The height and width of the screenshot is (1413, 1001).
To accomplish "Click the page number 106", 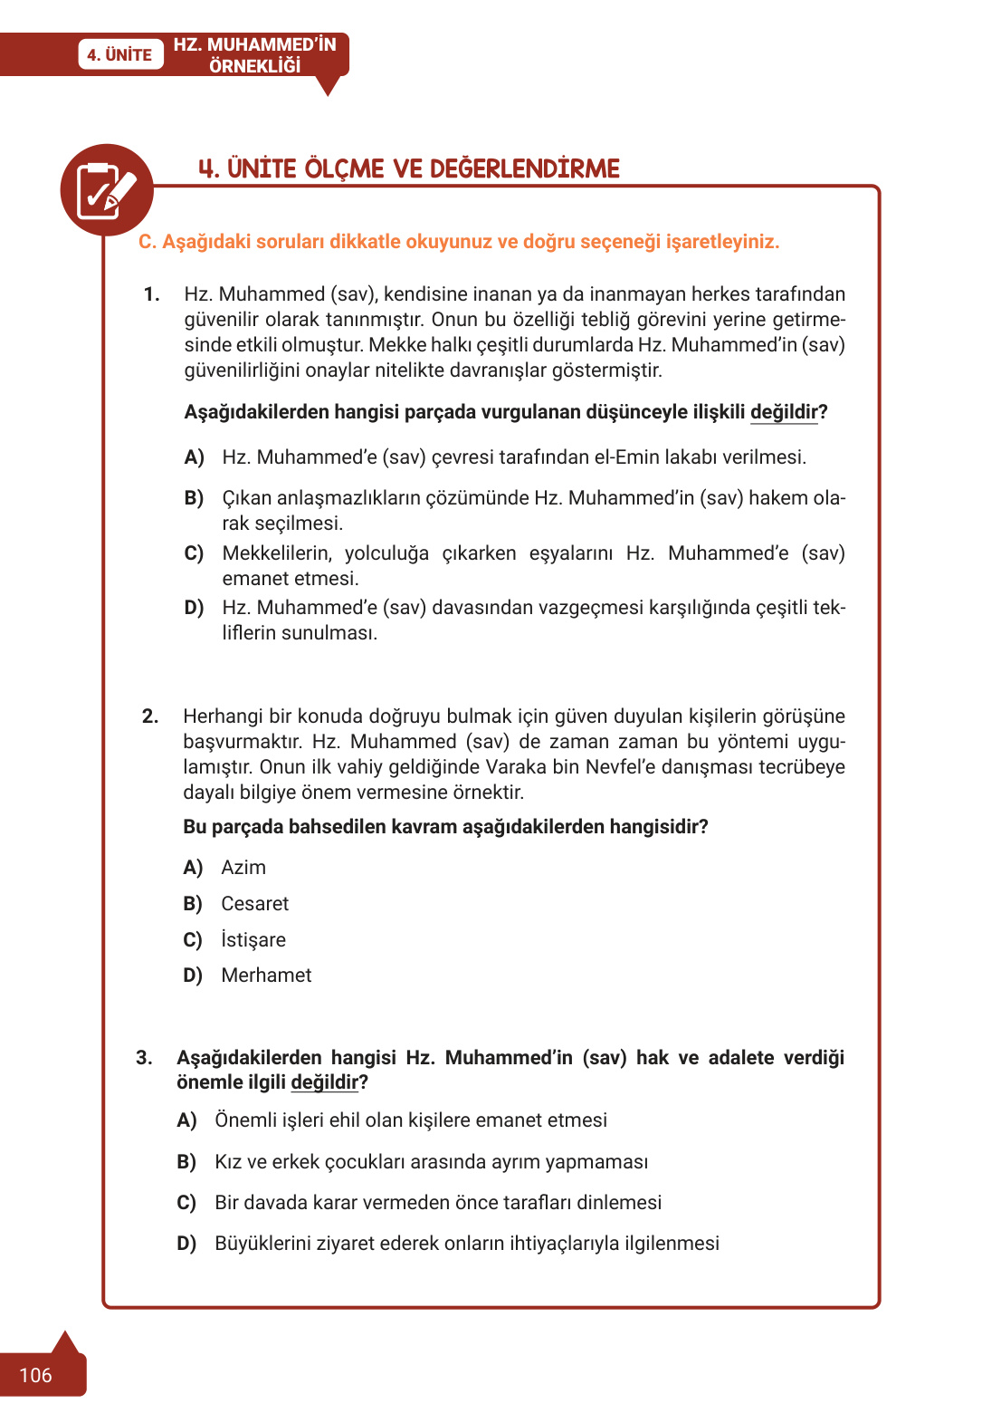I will [x=35, y=1375].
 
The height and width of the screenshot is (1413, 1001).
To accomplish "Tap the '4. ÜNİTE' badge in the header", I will [x=119, y=54].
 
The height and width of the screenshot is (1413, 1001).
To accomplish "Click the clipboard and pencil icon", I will [x=107, y=190].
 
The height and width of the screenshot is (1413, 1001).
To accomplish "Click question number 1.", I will [x=151, y=294].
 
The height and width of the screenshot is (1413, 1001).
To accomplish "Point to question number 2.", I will [x=149, y=716].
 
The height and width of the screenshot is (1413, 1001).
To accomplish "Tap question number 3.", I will [x=143, y=1058].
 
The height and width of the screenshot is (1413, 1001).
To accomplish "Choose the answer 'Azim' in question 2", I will [x=243, y=868].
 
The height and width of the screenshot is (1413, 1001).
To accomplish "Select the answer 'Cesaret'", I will [x=254, y=904].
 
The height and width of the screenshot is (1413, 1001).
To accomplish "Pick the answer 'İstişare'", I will [x=253, y=940].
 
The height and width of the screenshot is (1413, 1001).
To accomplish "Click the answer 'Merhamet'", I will [x=266, y=976].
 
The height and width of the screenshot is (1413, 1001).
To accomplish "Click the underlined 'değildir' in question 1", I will [x=784, y=412].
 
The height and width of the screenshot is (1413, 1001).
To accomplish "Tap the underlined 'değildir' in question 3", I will [x=325, y=1082].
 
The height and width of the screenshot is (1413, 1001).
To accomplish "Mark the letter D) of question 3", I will [x=186, y=1244].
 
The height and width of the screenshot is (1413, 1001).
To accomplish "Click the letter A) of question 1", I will [x=194, y=457].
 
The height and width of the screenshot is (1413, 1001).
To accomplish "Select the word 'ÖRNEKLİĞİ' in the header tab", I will [x=254, y=66].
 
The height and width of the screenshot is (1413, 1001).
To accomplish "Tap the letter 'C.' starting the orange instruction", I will [x=147, y=242].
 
